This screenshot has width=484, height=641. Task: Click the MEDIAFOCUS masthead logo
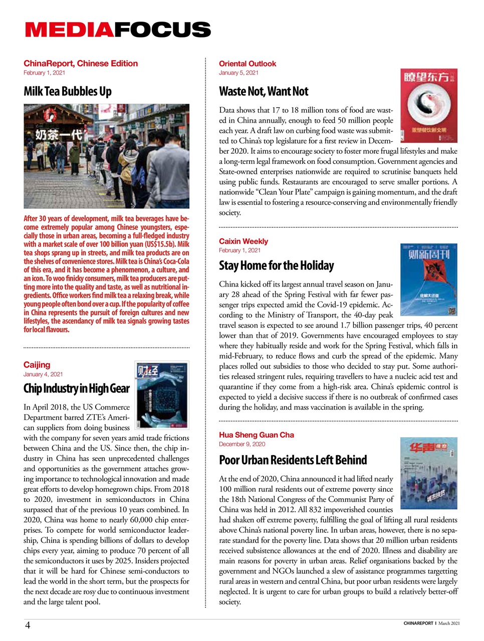(x=118, y=30)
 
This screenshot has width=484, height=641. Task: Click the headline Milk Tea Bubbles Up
(x=68, y=92)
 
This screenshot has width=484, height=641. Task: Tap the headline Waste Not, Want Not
(x=264, y=92)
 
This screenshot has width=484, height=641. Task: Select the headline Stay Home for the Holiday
(x=276, y=265)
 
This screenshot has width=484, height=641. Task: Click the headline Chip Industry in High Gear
(x=76, y=389)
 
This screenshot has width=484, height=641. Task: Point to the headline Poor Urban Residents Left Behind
(x=293, y=460)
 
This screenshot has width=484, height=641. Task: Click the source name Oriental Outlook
(x=248, y=64)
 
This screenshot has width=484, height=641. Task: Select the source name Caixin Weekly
(x=244, y=241)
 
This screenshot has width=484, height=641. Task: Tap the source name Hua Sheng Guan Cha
(x=257, y=435)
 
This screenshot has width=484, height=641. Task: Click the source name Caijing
(x=37, y=365)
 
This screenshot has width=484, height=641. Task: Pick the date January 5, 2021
(x=238, y=73)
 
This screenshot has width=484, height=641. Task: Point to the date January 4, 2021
(x=43, y=374)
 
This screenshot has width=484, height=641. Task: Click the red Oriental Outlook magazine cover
(x=428, y=105)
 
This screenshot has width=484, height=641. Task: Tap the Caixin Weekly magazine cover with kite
(x=428, y=280)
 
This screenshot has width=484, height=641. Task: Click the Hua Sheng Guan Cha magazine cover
(x=428, y=473)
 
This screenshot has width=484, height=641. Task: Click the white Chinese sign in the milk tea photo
(x=58, y=134)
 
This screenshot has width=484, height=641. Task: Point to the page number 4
(x=28, y=625)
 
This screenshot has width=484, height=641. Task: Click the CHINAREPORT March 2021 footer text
(x=431, y=623)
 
